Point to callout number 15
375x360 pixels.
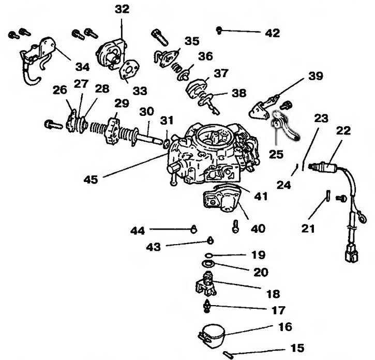click(297, 348)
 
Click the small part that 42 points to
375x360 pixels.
click(220, 30)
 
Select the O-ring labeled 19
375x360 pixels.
click(208, 255)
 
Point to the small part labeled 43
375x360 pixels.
click(211, 240)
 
